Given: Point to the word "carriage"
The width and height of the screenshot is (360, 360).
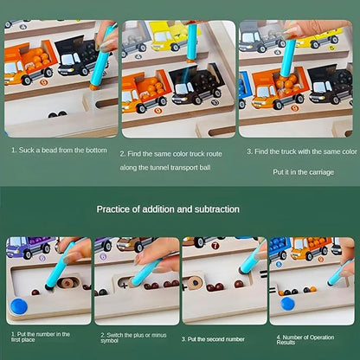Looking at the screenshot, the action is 322,172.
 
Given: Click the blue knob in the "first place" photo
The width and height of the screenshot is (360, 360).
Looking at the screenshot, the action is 19,305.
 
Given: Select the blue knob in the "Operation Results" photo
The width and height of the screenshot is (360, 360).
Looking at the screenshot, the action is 287,304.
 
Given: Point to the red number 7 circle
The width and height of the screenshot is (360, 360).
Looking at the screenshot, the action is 215,246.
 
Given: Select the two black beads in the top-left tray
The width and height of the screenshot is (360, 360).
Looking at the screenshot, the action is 57,114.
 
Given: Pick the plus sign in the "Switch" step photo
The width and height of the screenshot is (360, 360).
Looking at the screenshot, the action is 125,286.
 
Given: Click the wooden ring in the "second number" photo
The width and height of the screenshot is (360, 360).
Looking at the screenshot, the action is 195,282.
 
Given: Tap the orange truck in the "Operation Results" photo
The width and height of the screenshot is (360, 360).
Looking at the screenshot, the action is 311,247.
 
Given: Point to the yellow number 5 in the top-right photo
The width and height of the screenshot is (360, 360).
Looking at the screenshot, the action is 333,48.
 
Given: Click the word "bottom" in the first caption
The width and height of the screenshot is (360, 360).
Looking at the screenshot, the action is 96,150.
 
